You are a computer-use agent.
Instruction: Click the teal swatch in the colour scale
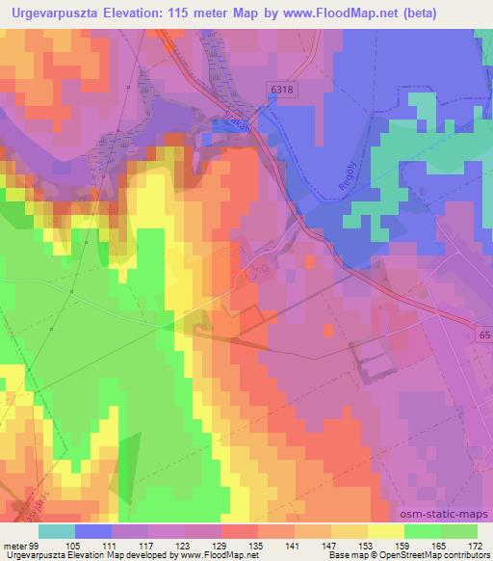(57, 531)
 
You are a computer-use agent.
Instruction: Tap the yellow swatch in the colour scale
(386, 531)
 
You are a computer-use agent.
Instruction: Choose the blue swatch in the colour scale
(93, 531)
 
